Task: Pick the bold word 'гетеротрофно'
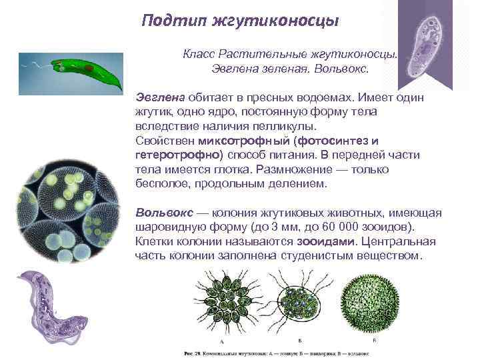point(169,155)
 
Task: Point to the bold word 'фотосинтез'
point(327,141)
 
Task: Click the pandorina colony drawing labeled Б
point(300,303)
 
